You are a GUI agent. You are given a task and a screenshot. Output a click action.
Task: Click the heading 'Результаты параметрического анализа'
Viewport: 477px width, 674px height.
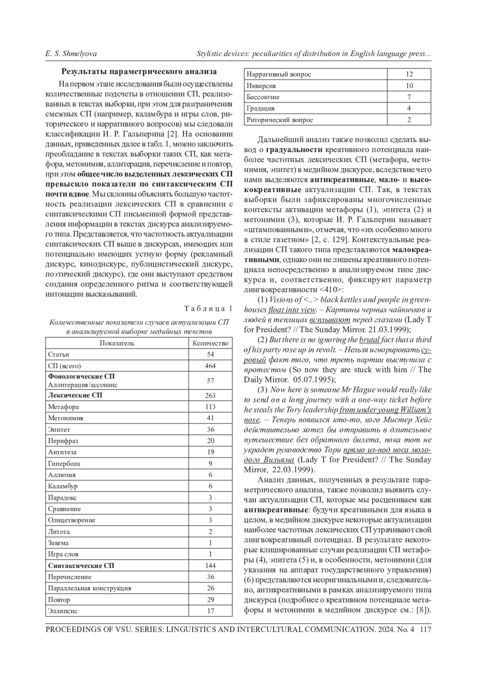coord(139,72)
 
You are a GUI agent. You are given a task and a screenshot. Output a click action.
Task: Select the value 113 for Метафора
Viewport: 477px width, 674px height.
coord(210,407)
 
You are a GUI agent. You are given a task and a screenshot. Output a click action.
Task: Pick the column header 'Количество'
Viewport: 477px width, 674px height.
coord(210,343)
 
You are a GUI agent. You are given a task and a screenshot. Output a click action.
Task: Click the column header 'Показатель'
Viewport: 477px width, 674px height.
coord(117,343)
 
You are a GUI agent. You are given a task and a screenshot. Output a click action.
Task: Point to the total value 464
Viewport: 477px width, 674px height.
coord(210,366)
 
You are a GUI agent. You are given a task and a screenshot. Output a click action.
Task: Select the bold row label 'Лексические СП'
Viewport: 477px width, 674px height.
coord(75,395)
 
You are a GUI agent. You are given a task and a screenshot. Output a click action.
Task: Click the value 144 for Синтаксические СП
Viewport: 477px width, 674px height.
coord(210,565)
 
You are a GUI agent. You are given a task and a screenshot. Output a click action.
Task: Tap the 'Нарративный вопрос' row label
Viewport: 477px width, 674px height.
coord(279,74)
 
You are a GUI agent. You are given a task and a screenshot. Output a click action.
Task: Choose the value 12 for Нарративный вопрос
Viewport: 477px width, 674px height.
coord(409,74)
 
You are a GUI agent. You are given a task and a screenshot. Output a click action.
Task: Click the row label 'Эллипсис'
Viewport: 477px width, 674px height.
coord(63,611)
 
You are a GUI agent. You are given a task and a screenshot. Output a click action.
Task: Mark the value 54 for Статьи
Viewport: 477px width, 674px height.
coord(210,354)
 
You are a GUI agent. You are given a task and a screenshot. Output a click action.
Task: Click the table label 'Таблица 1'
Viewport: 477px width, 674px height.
coord(208,309)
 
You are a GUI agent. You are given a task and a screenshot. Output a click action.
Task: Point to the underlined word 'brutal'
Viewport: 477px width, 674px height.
coord(369,340)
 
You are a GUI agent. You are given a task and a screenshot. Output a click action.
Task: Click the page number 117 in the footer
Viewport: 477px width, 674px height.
coord(425,630)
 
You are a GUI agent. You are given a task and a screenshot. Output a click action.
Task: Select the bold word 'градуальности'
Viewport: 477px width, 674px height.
coord(294,150)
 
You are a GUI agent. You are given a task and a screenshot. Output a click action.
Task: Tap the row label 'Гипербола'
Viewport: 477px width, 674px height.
coord(64,463)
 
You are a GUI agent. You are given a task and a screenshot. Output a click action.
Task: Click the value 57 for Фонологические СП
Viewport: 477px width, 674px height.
coord(210,380)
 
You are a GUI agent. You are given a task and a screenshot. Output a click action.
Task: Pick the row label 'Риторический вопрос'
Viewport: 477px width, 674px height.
coord(280,120)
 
